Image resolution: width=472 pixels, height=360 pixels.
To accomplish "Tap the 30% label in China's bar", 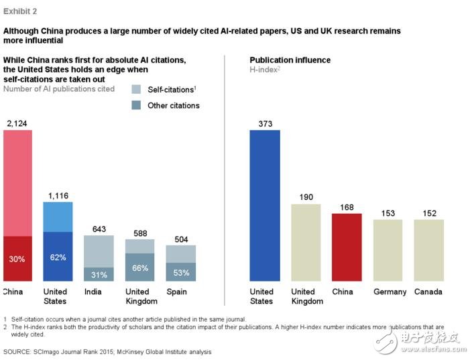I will (17, 259).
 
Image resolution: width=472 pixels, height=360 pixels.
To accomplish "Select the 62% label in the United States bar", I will (58, 257).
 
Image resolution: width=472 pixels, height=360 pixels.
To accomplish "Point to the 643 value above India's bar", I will (99, 229).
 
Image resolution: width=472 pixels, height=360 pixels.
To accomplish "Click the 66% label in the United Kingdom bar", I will (139, 267).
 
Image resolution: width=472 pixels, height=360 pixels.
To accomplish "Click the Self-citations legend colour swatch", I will (136, 89).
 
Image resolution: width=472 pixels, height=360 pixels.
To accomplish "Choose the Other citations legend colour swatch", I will (136, 105).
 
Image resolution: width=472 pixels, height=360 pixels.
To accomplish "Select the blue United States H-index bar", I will (264, 205).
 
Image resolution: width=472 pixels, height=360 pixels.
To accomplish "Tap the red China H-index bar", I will (347, 247).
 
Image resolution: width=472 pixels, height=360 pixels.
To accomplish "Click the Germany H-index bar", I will (388, 250).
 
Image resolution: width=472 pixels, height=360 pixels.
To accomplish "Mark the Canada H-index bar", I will (428, 250).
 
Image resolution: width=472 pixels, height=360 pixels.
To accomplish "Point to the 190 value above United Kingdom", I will (306, 197).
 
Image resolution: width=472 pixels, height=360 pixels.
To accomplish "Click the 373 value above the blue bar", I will (264, 123).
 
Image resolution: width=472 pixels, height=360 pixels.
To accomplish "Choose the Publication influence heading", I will (290, 60).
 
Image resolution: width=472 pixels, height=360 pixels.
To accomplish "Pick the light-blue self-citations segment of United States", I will (58, 217).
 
